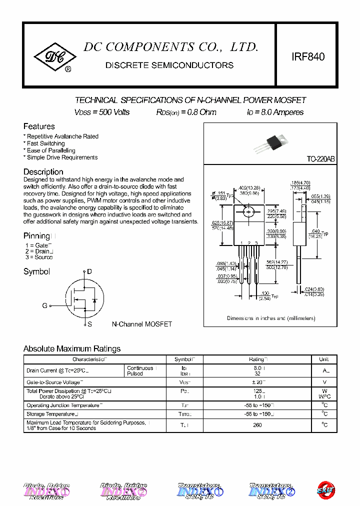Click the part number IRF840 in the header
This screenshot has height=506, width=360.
pyautogui.click(x=308, y=57)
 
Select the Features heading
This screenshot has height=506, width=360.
pyautogui.click(x=39, y=126)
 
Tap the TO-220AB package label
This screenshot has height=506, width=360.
pyautogui.click(x=320, y=159)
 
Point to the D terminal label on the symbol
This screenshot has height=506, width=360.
pyautogui.click(x=89, y=272)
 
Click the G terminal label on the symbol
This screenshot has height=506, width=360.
pyautogui.click(x=44, y=305)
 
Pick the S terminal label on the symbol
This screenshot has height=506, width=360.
pyautogui.click(x=89, y=324)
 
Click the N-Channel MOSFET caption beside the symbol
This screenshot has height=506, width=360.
pyautogui.click(x=141, y=324)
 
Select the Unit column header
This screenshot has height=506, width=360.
pyautogui.click(x=323, y=359)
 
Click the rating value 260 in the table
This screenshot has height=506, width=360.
pyautogui.click(x=257, y=425)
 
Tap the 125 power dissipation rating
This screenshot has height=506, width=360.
pyautogui.click(x=257, y=391)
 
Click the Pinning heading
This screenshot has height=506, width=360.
pyautogui.click(x=37, y=235)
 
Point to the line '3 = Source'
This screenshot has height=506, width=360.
pyautogui.click(x=38, y=257)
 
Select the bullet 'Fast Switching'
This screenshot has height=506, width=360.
pyautogui.click(x=45, y=143)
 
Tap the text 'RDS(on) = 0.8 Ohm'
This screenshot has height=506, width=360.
pyautogui.click(x=186, y=112)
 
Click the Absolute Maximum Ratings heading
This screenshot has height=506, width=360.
pyautogui.click(x=72, y=348)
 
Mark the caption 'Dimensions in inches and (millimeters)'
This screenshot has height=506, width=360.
pyautogui.click(x=271, y=318)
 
